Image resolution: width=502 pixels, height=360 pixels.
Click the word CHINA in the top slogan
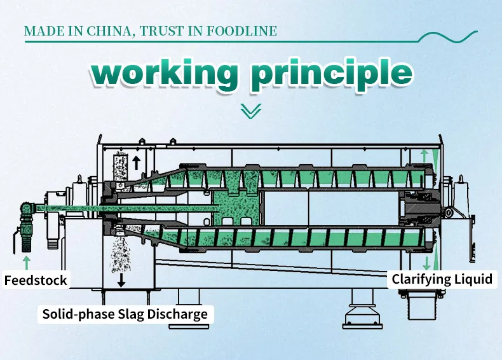(107, 31)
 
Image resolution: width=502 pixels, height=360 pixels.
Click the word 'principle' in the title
(330, 74)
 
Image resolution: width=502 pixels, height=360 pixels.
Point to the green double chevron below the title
(251, 111)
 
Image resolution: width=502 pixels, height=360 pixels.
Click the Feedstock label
(36, 280)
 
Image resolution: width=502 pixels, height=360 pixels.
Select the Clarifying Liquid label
(442, 279)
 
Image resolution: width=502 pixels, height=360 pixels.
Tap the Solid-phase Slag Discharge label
(125, 314)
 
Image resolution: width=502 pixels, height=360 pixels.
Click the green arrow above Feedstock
(26, 261)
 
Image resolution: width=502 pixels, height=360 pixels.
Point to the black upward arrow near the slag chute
(136, 162)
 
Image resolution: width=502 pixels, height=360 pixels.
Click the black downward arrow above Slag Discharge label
(121, 279)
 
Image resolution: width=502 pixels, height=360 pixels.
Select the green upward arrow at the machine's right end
(424, 155)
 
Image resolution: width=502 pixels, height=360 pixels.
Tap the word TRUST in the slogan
(165, 31)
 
